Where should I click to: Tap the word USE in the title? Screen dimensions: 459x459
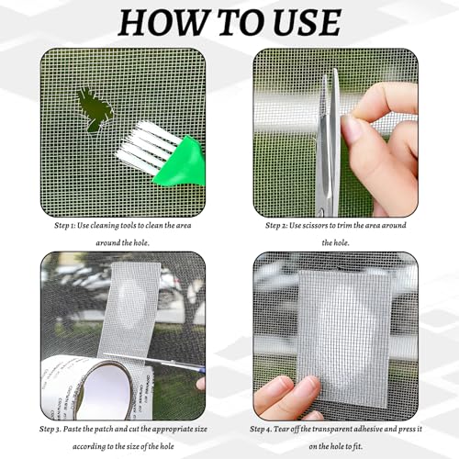pos(299,22)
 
